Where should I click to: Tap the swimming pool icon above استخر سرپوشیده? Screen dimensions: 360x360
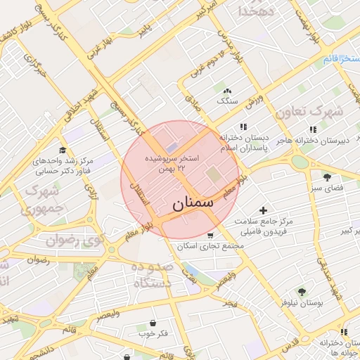[x=173, y=146]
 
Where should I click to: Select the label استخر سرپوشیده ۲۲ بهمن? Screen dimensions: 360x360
[x=173, y=162]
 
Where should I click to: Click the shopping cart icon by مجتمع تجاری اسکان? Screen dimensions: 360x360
[x=210, y=235]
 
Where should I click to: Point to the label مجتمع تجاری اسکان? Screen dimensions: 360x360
[x=210, y=246]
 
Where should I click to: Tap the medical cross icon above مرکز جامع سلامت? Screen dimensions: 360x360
[x=263, y=210]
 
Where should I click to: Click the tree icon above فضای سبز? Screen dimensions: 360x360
[x=327, y=176]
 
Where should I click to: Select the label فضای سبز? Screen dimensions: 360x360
[x=327, y=188]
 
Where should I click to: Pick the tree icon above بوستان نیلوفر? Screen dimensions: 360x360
[x=302, y=291]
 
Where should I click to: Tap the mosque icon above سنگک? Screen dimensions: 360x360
[x=227, y=91]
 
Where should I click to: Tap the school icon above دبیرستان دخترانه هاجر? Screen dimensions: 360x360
[x=313, y=129]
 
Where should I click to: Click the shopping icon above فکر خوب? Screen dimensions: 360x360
[x=153, y=323]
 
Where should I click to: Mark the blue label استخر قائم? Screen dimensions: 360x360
[x=342, y=58]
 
